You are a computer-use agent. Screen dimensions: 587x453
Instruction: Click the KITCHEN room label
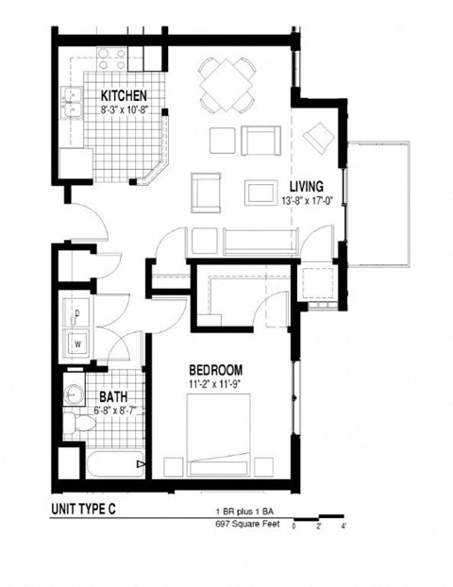[x=124, y=95]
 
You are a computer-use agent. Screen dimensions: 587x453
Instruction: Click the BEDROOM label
[x=216, y=369]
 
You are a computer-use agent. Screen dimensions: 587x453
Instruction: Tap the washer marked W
[x=76, y=343]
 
